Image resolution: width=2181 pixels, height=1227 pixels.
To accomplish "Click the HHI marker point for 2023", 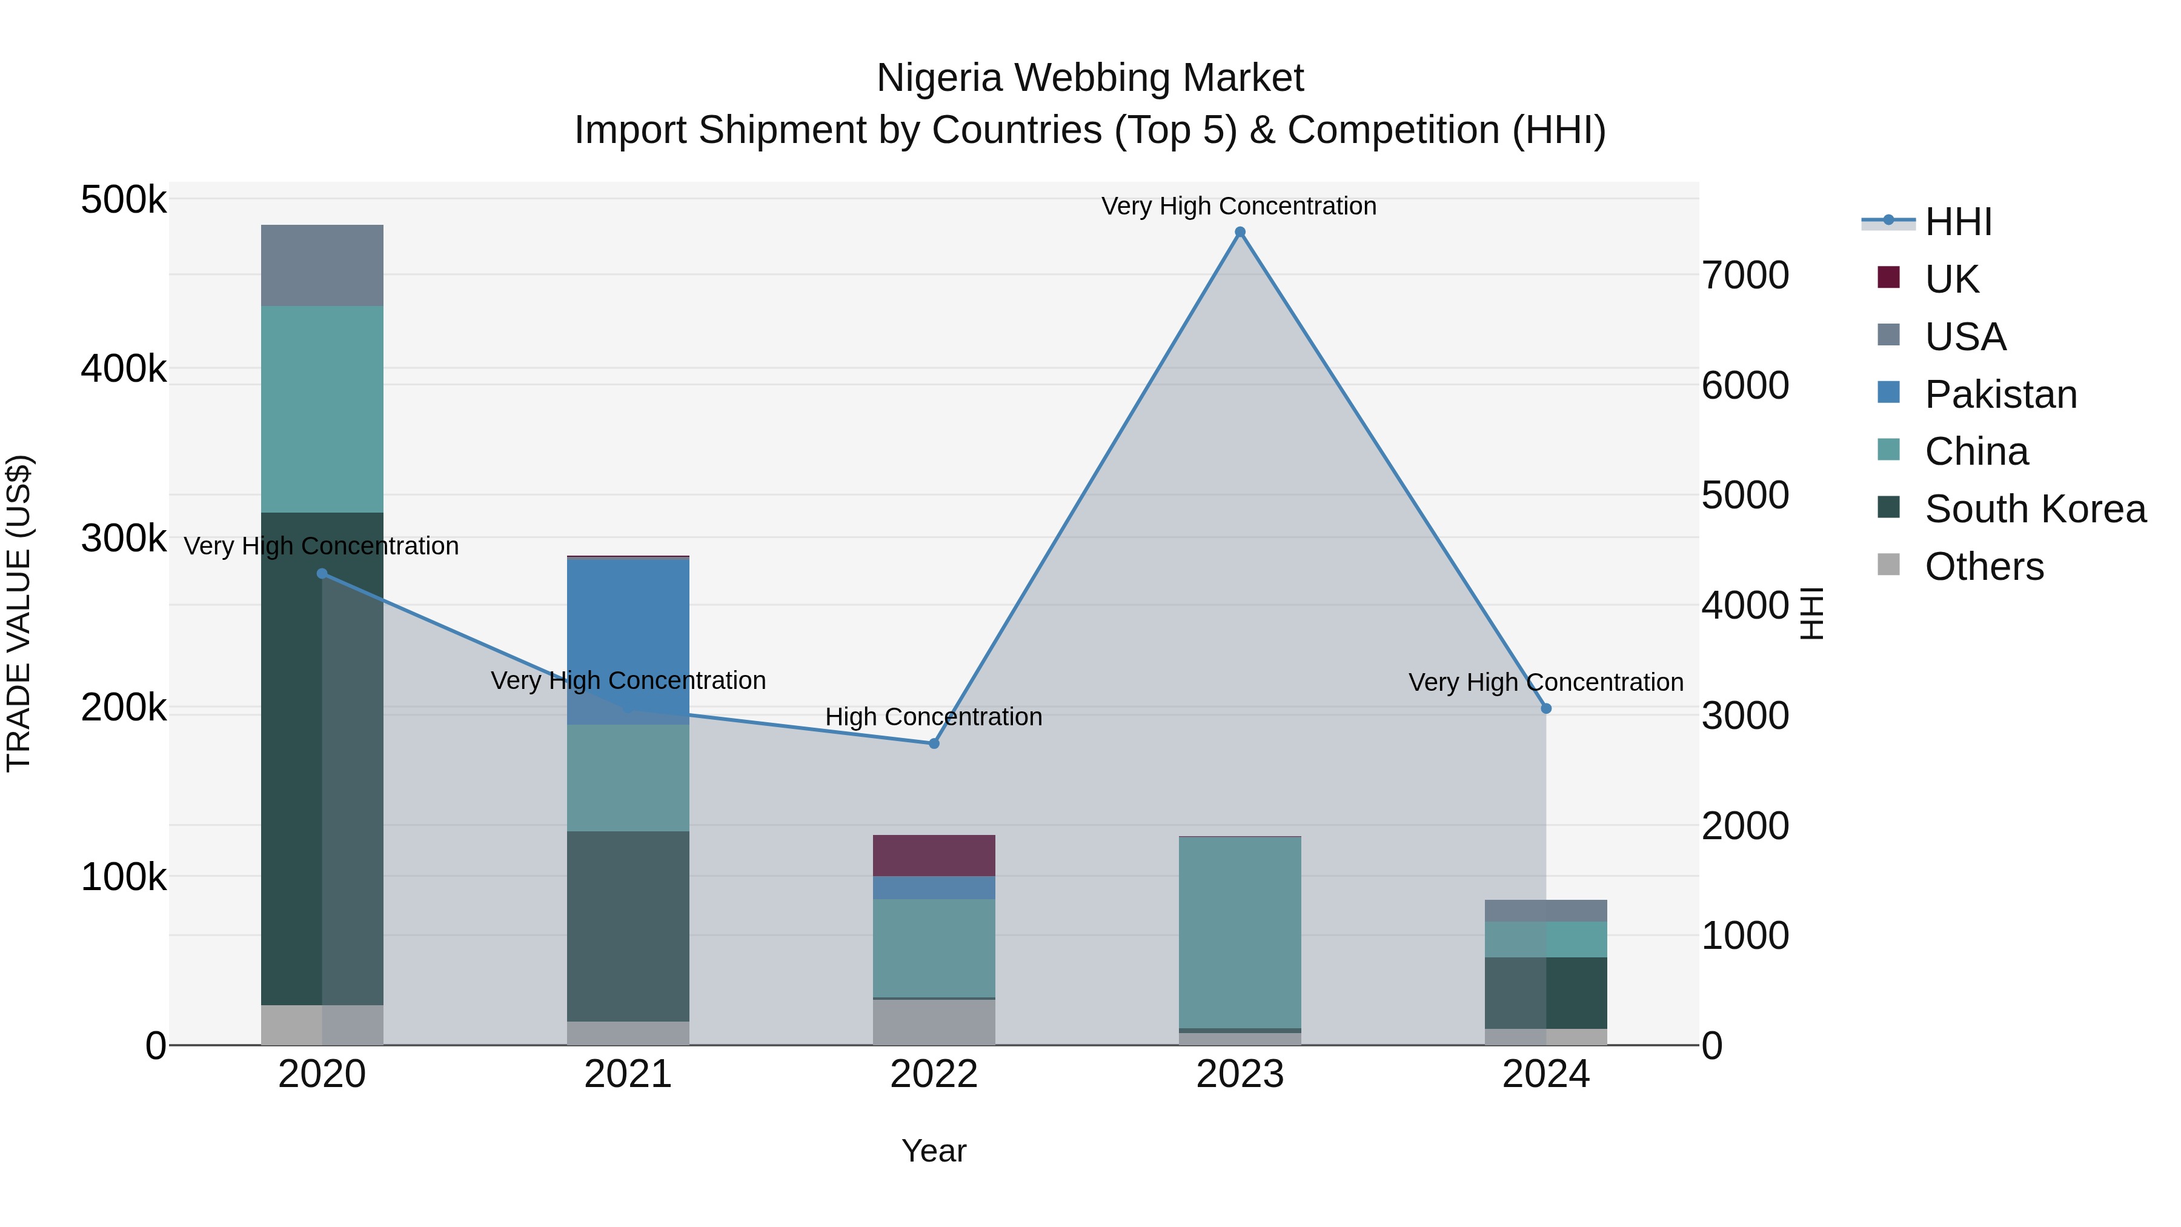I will (1240, 232).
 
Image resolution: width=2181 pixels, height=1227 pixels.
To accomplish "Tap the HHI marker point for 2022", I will (934, 743).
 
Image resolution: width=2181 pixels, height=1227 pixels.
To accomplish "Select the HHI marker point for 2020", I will (322, 573).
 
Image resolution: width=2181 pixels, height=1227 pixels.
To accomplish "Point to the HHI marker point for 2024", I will (1546, 708).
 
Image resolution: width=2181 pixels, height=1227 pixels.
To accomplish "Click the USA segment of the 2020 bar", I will (322, 265).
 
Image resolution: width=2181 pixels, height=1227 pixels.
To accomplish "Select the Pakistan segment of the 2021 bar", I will (628, 641).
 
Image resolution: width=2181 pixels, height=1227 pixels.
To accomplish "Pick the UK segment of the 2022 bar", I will (934, 855).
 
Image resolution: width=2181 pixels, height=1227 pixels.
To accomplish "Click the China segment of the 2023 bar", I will (1240, 931).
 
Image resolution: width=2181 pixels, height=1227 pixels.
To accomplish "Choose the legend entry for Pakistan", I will (2000, 394).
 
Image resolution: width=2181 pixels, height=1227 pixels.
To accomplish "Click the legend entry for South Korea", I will (2034, 509).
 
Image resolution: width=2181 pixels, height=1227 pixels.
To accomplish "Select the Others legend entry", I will (1983, 567).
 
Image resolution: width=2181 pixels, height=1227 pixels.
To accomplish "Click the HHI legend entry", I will (1957, 222).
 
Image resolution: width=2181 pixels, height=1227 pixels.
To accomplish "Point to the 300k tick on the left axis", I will (124, 539).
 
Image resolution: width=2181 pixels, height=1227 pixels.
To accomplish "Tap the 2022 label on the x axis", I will (934, 1074).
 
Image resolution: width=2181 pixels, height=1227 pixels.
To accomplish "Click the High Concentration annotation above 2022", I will (933, 716).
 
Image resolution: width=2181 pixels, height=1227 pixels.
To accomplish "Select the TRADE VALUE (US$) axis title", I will (19, 613).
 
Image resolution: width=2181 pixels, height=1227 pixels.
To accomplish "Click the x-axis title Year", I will (934, 1151).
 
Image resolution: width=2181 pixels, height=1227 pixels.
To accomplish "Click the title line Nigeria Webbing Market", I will (1090, 78).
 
